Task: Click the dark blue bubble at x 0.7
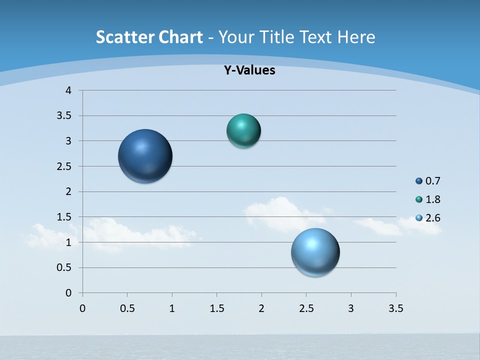[145, 156]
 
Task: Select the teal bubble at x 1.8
[243, 131]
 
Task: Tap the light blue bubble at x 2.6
[315, 252]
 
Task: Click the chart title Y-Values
[249, 70]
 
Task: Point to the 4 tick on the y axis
[68, 90]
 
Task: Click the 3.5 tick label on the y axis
[65, 116]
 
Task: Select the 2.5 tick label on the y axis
[65, 166]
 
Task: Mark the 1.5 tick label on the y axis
[65, 217]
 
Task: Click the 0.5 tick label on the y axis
[65, 267]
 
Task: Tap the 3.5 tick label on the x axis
[395, 308]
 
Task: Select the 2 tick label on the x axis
[261, 308]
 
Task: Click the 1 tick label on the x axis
[172, 308]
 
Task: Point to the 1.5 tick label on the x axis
[216, 308]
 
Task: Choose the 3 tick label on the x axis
[351, 308]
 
